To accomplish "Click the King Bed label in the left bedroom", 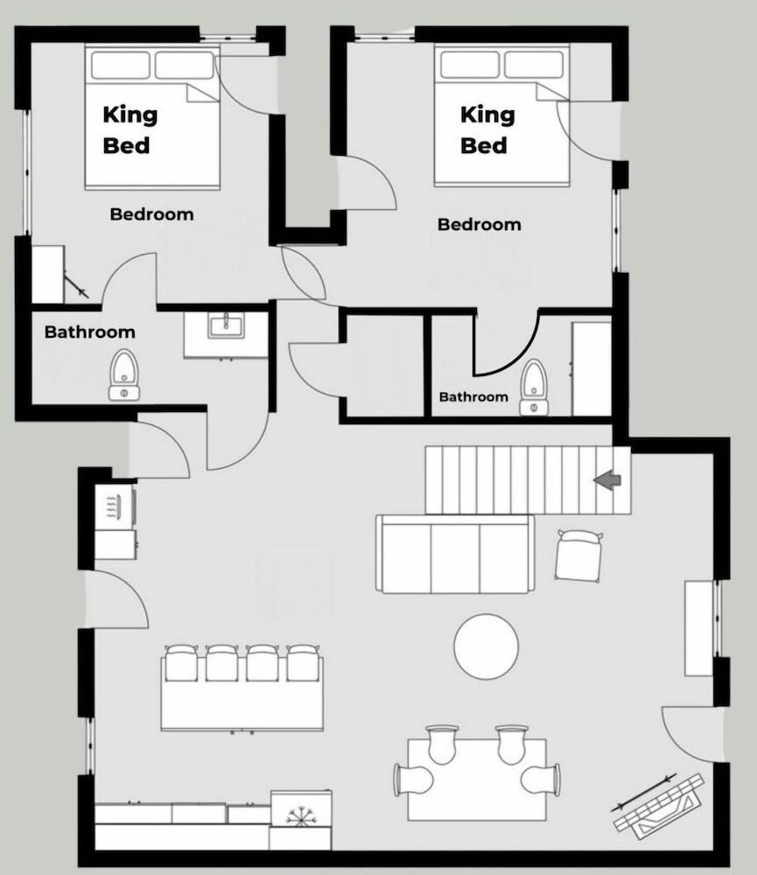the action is tap(130, 130).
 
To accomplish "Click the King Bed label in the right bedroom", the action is tap(487, 130).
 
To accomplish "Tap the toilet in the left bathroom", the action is tap(123, 374).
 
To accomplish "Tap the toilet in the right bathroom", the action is tap(534, 388).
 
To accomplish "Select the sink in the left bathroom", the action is tap(226, 325).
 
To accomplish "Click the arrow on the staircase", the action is tap(606, 479).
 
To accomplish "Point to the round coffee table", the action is tap(487, 647).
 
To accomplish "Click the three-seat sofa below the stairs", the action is tap(455, 554).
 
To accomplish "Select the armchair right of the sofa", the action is tap(579, 556).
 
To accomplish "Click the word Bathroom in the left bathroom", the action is tap(90, 332).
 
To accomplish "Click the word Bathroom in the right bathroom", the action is tap(473, 396).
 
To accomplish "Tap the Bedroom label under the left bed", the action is tap(152, 214).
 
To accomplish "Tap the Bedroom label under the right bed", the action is tap(480, 224).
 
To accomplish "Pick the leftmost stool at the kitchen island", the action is tap(181, 663).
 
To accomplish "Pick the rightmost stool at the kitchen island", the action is tap(303, 663).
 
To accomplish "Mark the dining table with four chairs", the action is tap(477, 780).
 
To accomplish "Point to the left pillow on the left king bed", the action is tap(121, 65).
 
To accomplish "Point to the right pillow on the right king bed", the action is tap(534, 65).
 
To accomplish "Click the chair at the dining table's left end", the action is tap(414, 780).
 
